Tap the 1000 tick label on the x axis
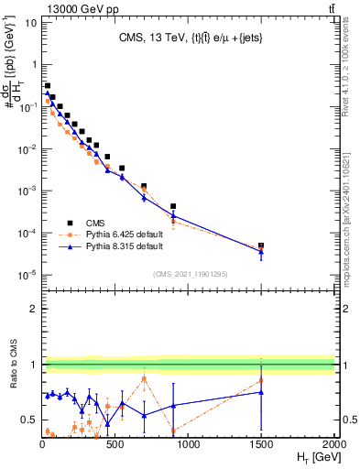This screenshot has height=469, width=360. [188, 444]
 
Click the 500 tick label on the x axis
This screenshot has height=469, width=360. [115, 444]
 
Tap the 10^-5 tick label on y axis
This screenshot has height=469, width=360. [28, 275]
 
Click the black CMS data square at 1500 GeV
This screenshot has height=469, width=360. [261, 246]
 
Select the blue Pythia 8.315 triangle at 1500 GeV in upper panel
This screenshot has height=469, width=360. [261, 252]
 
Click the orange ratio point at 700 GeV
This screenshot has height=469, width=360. [144, 378]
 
